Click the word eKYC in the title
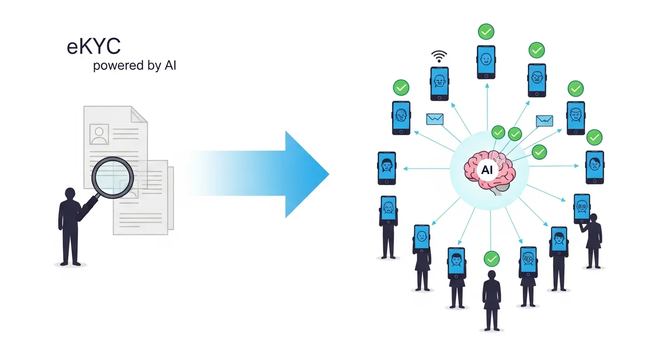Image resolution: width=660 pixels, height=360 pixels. coord(94,47)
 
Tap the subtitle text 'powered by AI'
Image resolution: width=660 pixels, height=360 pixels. coord(135,66)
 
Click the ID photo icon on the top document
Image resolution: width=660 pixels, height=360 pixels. coord(99,134)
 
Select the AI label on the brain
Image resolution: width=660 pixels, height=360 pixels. coord(487,170)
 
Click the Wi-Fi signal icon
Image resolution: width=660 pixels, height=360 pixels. coord(439,57)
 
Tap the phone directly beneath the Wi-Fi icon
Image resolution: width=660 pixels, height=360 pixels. coord(439,83)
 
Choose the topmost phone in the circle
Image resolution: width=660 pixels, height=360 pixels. coord(486,62)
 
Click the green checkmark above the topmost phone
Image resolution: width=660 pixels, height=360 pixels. coord(486,32)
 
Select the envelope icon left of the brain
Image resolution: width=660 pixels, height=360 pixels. coord(435,119)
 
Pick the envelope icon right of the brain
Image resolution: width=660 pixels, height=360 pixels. coord(544,121)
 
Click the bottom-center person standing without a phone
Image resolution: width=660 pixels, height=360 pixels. coord(491,300)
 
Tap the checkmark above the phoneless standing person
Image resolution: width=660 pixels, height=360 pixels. coord(491,258)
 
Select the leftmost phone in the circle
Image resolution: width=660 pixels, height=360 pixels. coord(387,168)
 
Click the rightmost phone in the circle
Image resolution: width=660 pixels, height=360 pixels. coord(594,167)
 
